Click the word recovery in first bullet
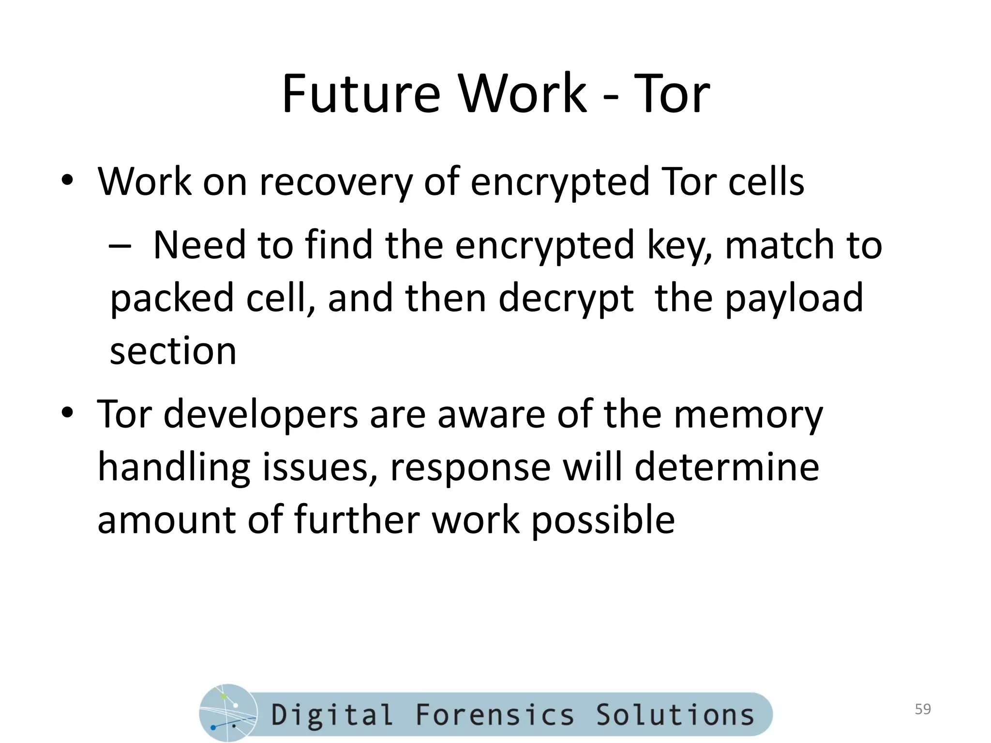[x=336, y=182]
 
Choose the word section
[x=173, y=351]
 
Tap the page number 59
[x=923, y=709]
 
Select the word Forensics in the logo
[x=495, y=714]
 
